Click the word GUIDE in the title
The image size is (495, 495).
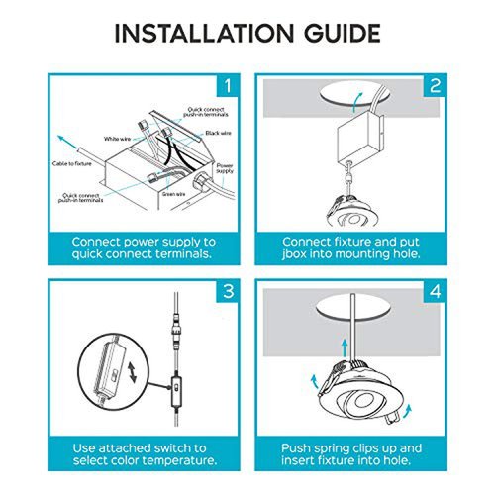tap(343, 33)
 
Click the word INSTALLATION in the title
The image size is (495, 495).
tap(204, 33)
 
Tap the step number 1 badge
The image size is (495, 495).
tap(228, 86)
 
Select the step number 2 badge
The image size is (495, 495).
tap(435, 86)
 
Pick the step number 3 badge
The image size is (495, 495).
tap(228, 291)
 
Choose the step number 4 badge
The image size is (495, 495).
tap(435, 291)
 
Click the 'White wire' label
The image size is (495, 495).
tap(117, 139)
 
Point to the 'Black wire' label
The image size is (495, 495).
tap(218, 133)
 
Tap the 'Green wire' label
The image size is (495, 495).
tap(173, 194)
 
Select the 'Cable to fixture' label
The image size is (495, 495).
tap(72, 163)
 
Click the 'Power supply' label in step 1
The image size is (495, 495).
tap(225, 168)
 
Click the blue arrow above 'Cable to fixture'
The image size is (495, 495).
tap(67, 142)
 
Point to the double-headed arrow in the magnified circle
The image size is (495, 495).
tap(132, 372)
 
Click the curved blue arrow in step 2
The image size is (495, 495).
tap(356, 102)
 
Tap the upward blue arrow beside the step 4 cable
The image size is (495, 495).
tap(345, 347)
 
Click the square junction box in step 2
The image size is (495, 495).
tap(360, 137)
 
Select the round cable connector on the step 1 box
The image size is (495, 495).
tap(200, 181)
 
